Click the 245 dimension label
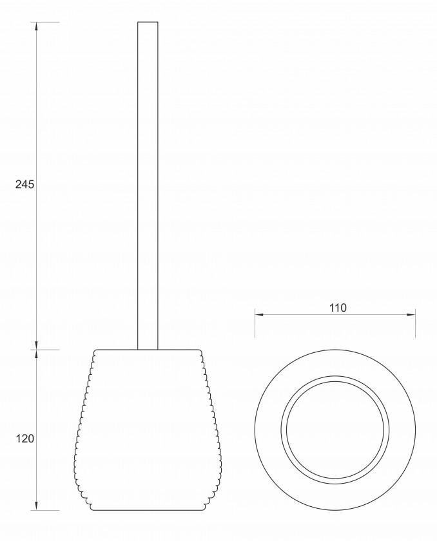24,185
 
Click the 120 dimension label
24,439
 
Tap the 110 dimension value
337,308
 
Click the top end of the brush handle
148,23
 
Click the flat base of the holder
148,509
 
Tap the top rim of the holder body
148,350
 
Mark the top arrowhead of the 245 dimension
36,27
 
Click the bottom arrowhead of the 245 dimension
36,345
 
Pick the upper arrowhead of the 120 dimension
36,355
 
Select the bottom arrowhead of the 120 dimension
36,506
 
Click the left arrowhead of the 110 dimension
259,314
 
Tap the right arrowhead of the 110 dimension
411,314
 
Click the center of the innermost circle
335,430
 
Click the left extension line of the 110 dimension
255,325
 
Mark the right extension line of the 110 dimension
415,325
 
